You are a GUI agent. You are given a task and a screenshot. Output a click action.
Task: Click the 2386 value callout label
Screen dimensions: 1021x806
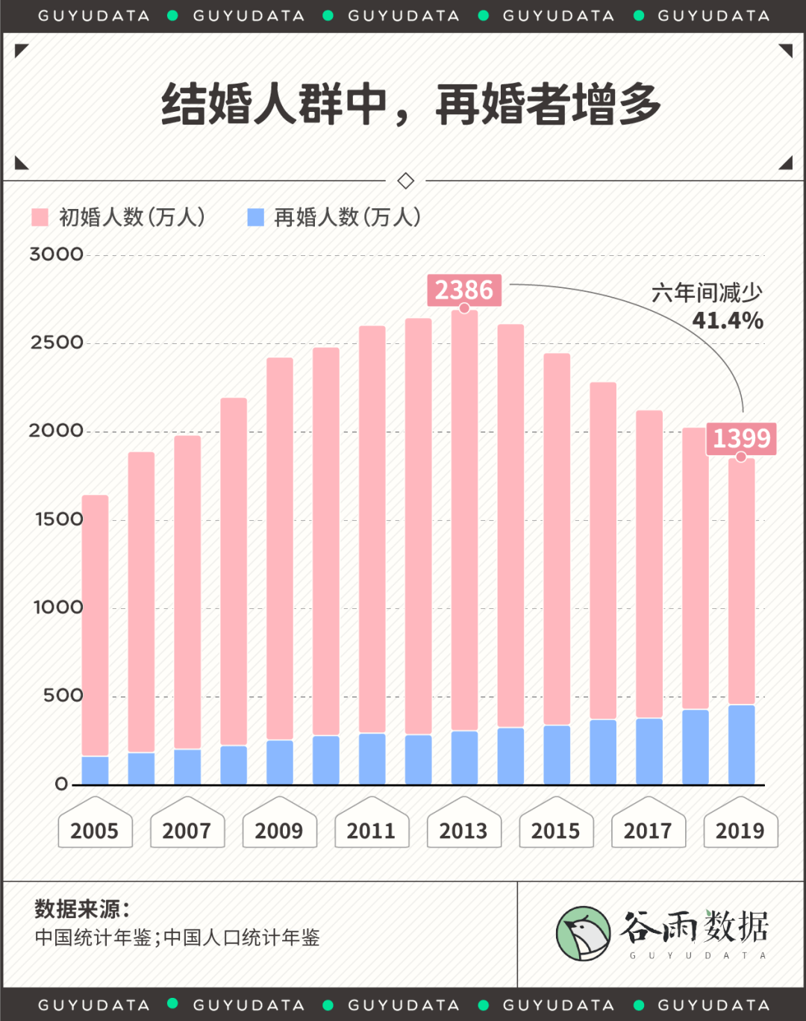coord(463,290)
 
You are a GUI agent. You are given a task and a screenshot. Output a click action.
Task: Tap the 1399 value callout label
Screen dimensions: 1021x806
coord(741,438)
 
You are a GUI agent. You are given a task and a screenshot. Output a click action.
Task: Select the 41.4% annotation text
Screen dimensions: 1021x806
coord(727,321)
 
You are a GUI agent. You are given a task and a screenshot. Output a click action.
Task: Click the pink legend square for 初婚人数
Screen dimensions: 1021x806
coord(40,217)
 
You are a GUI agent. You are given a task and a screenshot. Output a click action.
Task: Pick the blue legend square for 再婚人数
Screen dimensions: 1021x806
coord(255,217)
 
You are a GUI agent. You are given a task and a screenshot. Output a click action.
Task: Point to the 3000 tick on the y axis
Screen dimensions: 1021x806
coord(56,255)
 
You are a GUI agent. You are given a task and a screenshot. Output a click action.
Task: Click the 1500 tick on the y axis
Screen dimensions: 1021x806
coord(58,519)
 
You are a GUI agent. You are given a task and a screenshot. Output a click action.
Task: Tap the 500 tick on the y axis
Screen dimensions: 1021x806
coord(63,696)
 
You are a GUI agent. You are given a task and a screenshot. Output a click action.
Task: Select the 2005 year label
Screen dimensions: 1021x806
coord(95,831)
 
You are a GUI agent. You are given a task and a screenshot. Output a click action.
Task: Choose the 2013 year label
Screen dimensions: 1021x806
coord(463,831)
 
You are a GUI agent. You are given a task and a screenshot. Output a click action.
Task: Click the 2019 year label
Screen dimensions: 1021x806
coord(740,831)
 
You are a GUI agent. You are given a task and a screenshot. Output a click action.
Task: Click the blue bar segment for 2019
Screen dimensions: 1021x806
coord(741,744)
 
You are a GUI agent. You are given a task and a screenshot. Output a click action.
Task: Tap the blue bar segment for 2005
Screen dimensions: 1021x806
coord(95,769)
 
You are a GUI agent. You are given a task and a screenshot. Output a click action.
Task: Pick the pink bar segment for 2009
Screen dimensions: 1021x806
coord(280,549)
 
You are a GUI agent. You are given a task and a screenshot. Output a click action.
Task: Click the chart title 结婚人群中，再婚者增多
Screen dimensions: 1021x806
coord(411,104)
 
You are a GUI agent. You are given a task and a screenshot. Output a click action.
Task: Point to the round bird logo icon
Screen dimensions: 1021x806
coord(584,934)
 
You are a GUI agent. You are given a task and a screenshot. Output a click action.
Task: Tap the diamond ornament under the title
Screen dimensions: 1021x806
coord(406,181)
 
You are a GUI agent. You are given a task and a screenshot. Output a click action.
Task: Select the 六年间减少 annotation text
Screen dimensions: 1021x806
coord(706,293)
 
